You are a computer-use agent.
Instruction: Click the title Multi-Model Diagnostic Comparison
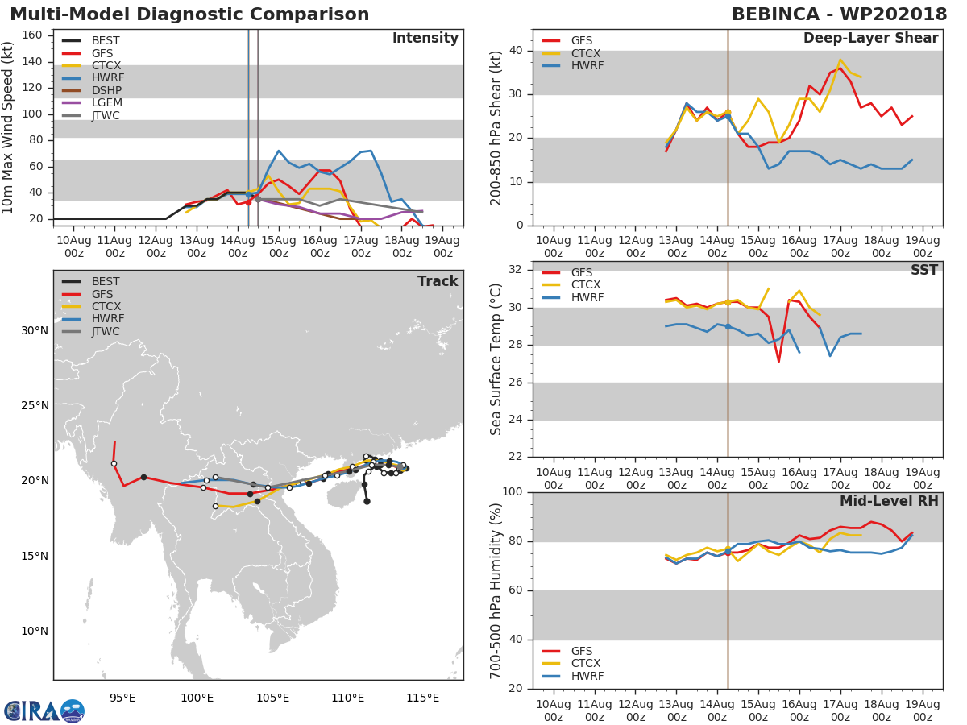[x=189, y=14]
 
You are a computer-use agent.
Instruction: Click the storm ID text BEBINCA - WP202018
[x=839, y=14]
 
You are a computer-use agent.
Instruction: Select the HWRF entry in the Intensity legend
[x=107, y=78]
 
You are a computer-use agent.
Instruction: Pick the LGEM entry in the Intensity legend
[x=106, y=103]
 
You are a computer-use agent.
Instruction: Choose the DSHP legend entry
[x=106, y=90]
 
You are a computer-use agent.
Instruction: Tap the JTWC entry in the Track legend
[x=106, y=332]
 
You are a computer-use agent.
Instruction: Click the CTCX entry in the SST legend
[x=586, y=285]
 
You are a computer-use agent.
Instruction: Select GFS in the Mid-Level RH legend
[x=581, y=651]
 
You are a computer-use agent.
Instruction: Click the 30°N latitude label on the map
[x=35, y=330]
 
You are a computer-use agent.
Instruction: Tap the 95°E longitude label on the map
[x=122, y=698]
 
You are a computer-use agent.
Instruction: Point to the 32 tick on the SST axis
[x=519, y=270]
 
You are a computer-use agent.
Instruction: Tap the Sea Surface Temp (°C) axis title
[x=496, y=360]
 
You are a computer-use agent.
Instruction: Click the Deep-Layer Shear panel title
[x=870, y=39]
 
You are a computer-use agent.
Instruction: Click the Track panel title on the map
[x=437, y=281]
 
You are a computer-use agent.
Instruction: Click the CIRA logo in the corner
[x=44, y=710]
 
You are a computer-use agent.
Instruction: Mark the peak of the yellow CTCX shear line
[x=840, y=60]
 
